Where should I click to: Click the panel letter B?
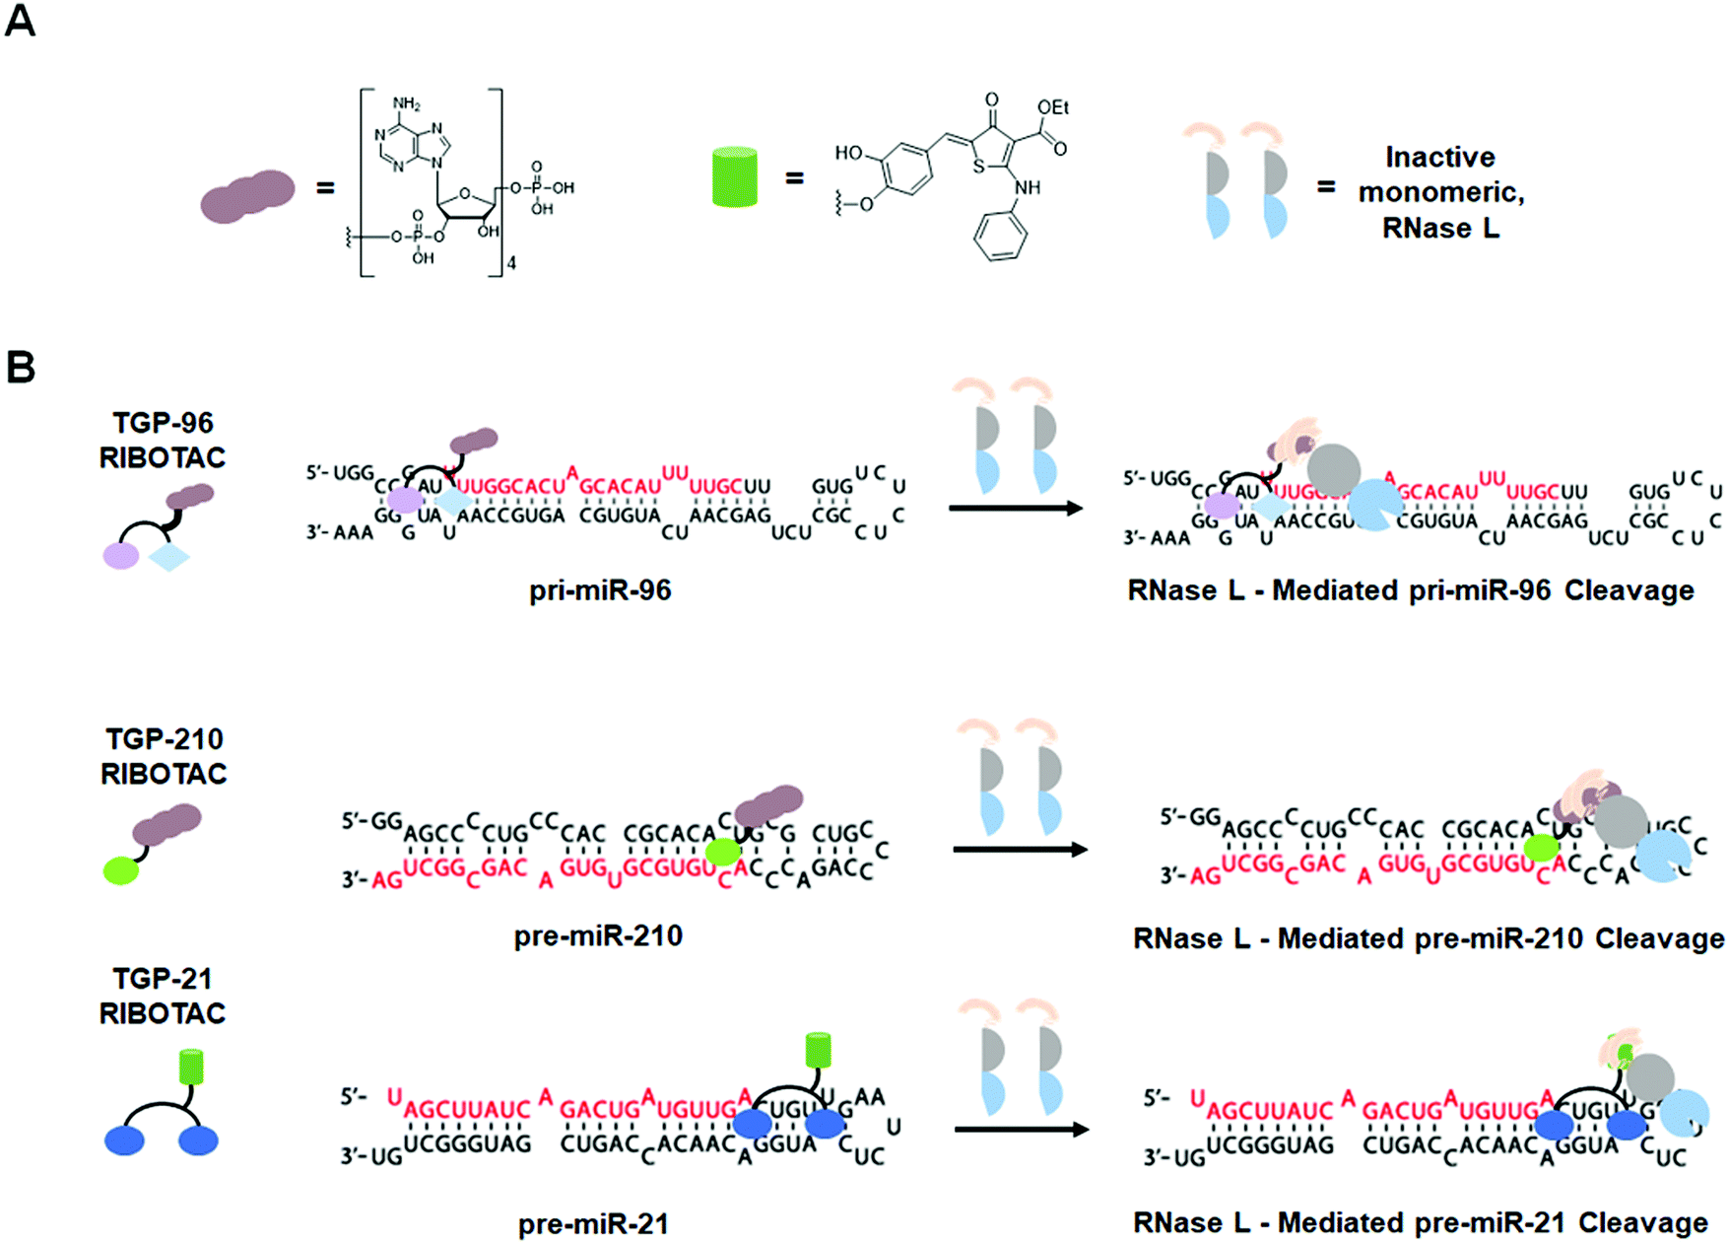click(x=21, y=367)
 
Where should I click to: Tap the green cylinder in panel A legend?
click(x=735, y=177)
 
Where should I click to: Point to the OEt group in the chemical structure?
click(x=1052, y=107)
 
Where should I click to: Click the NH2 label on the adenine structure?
click(x=406, y=104)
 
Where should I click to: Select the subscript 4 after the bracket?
click(x=511, y=263)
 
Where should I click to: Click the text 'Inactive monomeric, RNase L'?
click(x=1440, y=192)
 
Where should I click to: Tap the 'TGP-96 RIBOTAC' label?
click(x=163, y=440)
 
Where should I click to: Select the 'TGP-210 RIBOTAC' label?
click(x=164, y=756)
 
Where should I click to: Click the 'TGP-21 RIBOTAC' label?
click(x=163, y=996)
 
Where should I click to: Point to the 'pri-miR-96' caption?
click(x=600, y=590)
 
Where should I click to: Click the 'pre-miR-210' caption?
click(x=598, y=935)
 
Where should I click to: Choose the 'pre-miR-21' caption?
click(x=593, y=1224)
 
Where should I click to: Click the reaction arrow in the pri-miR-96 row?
click(x=1015, y=509)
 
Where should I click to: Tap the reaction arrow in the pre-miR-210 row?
click(x=1020, y=850)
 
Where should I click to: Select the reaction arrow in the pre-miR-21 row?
click(x=1021, y=1130)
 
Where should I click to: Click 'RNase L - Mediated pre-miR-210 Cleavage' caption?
click(x=1428, y=938)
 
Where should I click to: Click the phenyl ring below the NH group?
click(x=1001, y=237)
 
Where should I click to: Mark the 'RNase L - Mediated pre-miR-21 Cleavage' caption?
click(x=1420, y=1223)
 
